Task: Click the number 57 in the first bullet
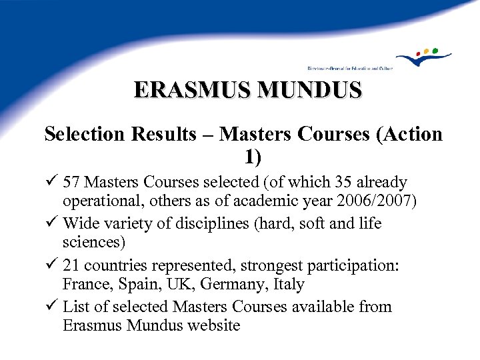(73, 182)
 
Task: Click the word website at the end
(211, 326)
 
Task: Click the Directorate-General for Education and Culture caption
(350, 68)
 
